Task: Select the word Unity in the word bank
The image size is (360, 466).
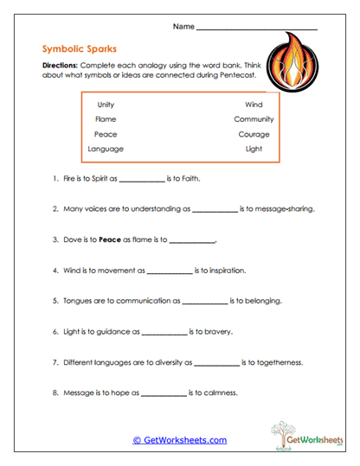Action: pos(106,104)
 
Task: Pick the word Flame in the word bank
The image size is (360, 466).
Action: pos(106,119)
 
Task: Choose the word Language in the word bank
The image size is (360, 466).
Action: pos(106,149)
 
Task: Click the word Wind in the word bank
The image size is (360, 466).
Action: pos(254,104)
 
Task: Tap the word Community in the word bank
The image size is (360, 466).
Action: pos(254,119)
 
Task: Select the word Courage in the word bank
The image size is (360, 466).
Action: pos(254,134)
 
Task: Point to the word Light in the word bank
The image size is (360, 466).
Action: pos(254,149)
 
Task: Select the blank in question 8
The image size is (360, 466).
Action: pos(163,394)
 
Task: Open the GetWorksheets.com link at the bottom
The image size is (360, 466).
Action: pos(180,440)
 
